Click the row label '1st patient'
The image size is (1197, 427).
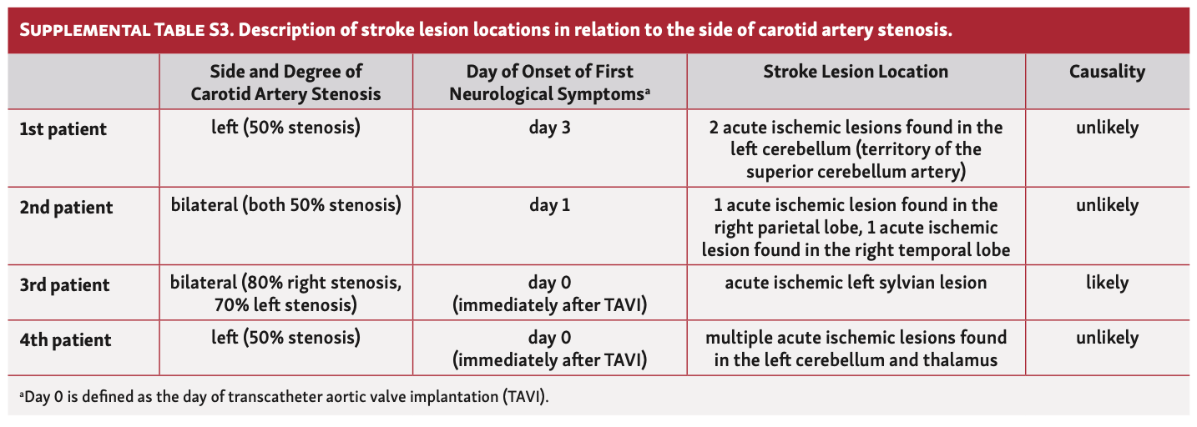[x=63, y=129]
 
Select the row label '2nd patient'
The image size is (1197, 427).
[x=66, y=206]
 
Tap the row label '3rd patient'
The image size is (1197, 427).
[x=64, y=284]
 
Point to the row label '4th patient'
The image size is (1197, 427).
[x=64, y=340]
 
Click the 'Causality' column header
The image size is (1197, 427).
[x=1107, y=72]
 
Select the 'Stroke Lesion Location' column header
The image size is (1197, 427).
[x=856, y=72]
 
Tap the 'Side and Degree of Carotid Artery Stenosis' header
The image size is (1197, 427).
[x=286, y=83]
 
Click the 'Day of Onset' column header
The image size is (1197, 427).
[x=549, y=83]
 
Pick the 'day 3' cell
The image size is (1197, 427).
[x=549, y=128]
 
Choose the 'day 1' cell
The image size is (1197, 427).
[x=549, y=205]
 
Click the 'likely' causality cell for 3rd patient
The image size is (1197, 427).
[x=1107, y=283]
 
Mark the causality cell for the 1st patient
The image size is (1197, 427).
[x=1107, y=128]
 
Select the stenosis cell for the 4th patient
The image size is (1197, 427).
[x=286, y=339]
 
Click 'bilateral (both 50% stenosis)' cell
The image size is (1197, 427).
[x=286, y=205]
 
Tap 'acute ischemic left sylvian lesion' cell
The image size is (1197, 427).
[x=856, y=283]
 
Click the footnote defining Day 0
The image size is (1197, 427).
[x=284, y=396]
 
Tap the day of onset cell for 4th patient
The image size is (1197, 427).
[x=549, y=349]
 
